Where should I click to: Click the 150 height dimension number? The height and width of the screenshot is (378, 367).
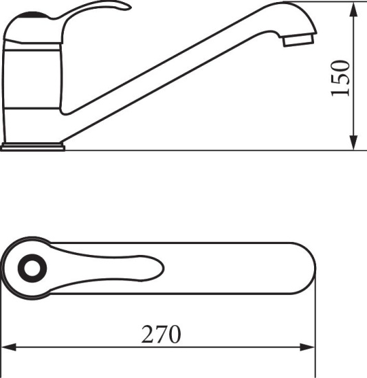click(x=340, y=78)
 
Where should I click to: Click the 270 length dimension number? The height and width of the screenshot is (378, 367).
click(x=161, y=334)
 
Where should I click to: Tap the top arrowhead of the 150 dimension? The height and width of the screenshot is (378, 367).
click(x=353, y=10)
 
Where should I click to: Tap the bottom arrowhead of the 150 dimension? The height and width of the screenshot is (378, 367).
click(x=353, y=142)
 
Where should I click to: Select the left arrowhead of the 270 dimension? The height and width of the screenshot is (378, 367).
click(x=9, y=347)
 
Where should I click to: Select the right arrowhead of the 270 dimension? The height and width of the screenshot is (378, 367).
click(x=307, y=347)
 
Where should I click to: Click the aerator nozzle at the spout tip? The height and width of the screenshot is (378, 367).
click(x=298, y=40)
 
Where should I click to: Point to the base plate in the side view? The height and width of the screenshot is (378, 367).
click(x=33, y=146)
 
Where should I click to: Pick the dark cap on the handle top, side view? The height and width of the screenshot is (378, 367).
click(x=32, y=14)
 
